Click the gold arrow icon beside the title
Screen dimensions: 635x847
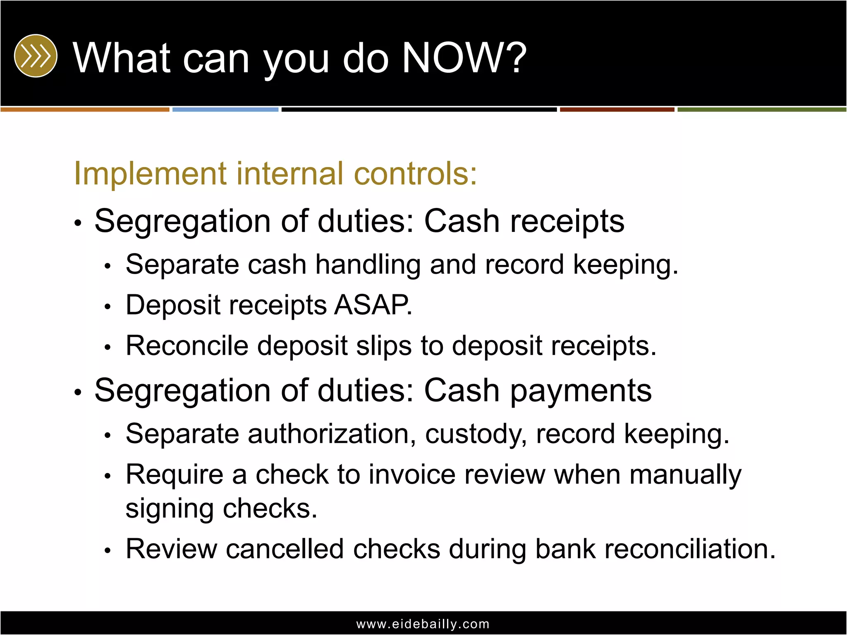(x=36, y=56)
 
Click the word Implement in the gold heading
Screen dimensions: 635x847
(x=150, y=174)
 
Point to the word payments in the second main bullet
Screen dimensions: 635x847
(x=581, y=391)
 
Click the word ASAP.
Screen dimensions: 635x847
(x=373, y=305)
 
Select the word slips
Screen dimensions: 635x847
(x=384, y=346)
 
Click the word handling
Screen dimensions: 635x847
(x=368, y=265)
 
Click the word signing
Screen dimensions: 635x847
(x=170, y=509)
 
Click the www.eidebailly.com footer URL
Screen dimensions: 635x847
(x=423, y=624)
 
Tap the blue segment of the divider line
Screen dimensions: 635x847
(x=225, y=110)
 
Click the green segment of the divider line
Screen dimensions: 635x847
(x=761, y=110)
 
